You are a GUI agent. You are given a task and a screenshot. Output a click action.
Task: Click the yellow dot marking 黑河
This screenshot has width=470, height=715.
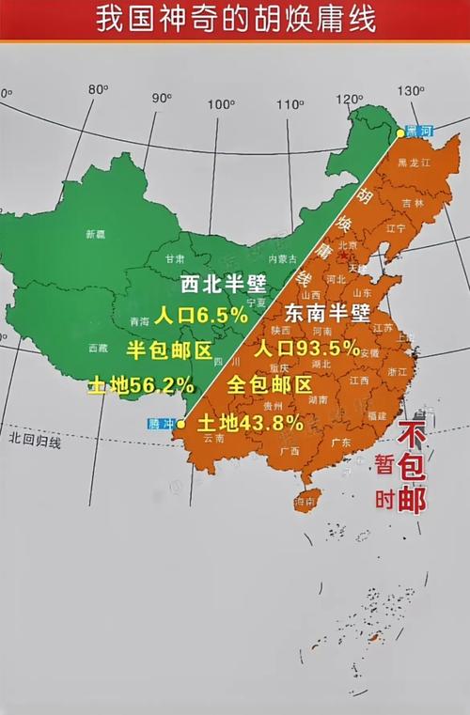[400, 133]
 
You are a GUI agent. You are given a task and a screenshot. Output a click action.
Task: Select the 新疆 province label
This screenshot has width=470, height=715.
[95, 234]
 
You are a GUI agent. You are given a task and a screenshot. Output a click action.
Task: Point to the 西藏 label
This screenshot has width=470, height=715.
[98, 348]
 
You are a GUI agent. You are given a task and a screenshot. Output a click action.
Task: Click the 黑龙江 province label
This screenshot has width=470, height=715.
[414, 163]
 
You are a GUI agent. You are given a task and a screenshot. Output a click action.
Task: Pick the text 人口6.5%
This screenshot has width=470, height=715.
[201, 315]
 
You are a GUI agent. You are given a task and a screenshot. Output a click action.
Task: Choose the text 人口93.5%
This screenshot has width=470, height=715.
[308, 349]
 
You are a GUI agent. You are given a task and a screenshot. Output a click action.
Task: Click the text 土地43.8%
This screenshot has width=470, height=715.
[250, 422]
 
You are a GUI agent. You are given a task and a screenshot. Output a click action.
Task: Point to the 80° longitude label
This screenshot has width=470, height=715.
[98, 89]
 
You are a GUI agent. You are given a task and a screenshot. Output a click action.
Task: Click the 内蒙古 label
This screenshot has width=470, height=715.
[282, 258]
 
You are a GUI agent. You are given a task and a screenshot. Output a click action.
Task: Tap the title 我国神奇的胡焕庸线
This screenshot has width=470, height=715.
[235, 20]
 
